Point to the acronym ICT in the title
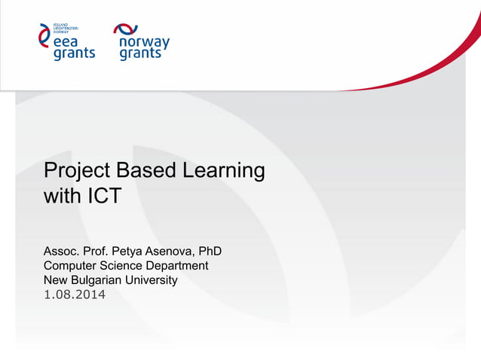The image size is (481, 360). [100, 197]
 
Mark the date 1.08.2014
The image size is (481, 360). [75, 294]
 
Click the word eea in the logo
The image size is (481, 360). [68, 42]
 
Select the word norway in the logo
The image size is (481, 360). [144, 43]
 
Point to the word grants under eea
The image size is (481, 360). [74, 54]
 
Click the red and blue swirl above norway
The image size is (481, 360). [126, 29]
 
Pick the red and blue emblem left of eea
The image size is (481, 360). [44, 35]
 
